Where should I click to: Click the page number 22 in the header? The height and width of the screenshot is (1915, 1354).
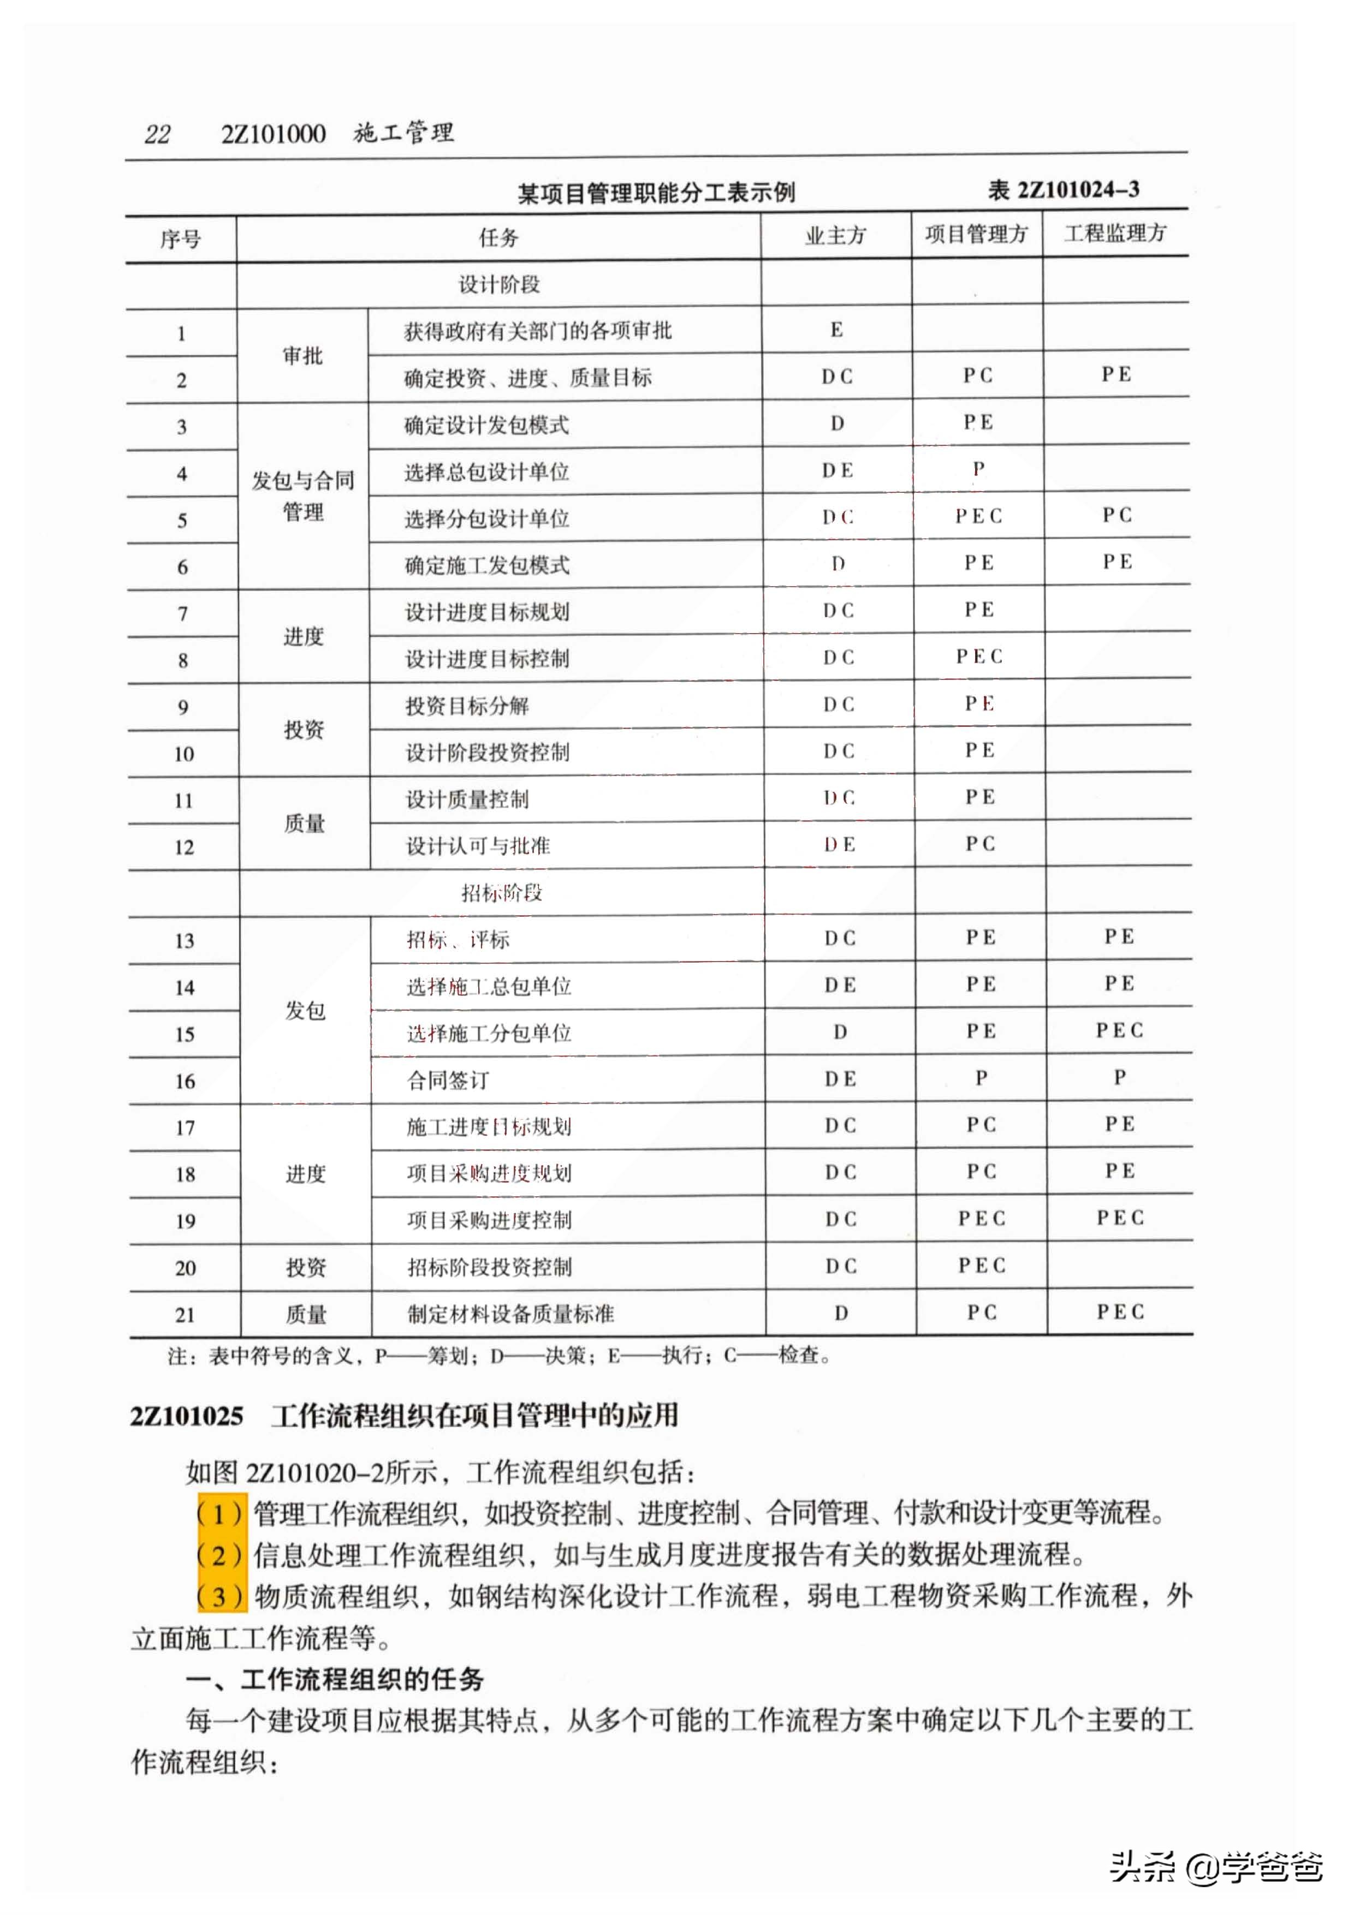click(158, 134)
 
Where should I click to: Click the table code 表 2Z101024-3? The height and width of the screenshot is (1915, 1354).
click(1063, 190)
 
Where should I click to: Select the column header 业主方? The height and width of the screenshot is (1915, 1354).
click(835, 237)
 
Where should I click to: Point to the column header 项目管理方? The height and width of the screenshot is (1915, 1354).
click(976, 235)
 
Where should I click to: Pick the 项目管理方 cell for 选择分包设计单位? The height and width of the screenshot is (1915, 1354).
click(978, 516)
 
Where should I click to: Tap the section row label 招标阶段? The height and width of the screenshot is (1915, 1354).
click(501, 893)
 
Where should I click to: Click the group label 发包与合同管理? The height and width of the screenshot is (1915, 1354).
click(303, 496)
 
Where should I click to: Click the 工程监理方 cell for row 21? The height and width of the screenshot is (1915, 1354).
click(1120, 1312)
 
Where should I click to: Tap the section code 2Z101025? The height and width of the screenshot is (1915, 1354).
click(187, 1416)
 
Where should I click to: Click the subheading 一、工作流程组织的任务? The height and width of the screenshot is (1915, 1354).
click(334, 1679)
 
